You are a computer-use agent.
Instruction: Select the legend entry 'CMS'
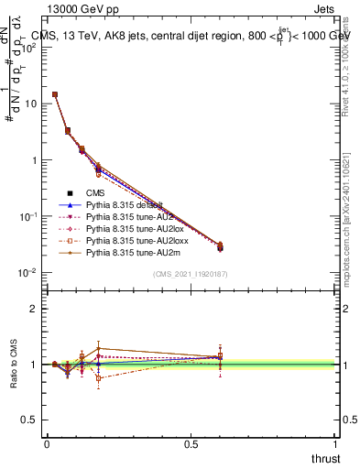click(96, 192)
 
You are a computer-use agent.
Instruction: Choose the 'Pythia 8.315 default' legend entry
click(123, 206)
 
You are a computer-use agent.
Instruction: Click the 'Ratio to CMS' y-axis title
click(14, 365)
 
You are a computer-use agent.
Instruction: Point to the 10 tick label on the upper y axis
click(29, 104)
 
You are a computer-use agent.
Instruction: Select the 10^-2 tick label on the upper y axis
click(27, 272)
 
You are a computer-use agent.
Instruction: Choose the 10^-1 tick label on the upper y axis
click(27, 216)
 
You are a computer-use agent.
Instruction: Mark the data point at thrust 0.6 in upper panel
click(220, 247)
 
